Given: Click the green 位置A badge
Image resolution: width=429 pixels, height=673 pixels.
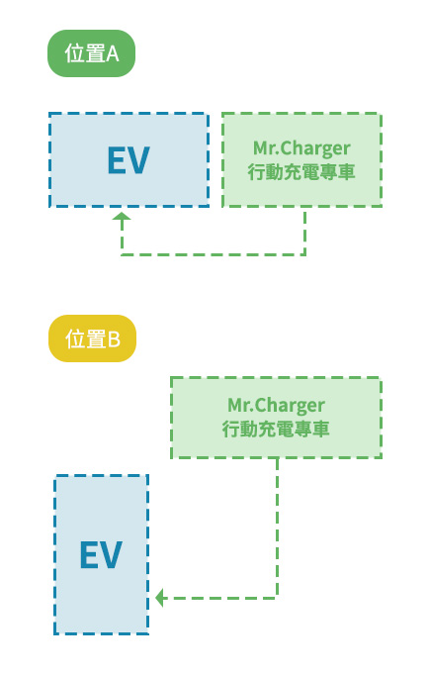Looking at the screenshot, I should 91,53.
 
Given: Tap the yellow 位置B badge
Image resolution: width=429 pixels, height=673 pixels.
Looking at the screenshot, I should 92,339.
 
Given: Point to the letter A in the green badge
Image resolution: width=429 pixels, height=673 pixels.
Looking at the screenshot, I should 112,54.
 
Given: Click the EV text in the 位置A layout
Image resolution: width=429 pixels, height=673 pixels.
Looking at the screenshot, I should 129,160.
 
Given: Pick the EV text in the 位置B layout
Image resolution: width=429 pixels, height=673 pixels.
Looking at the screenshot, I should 101,555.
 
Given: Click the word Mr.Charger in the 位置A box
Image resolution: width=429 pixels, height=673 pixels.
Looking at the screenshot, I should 301,148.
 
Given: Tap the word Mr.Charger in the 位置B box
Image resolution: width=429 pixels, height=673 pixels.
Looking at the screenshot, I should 276,405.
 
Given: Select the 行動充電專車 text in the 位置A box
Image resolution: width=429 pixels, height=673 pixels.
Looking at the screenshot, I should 301,171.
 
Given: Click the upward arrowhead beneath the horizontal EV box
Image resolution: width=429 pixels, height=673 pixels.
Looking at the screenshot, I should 122,217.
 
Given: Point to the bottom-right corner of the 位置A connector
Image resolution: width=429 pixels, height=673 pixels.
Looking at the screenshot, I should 304,254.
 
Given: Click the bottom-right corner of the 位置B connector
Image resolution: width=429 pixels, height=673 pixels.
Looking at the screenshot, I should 276,597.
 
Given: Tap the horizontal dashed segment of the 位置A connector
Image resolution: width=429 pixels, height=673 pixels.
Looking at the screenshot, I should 213,254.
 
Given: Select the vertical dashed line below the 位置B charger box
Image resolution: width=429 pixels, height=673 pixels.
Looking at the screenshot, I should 276,525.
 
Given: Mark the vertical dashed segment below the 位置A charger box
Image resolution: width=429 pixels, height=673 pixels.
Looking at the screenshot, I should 304,231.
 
